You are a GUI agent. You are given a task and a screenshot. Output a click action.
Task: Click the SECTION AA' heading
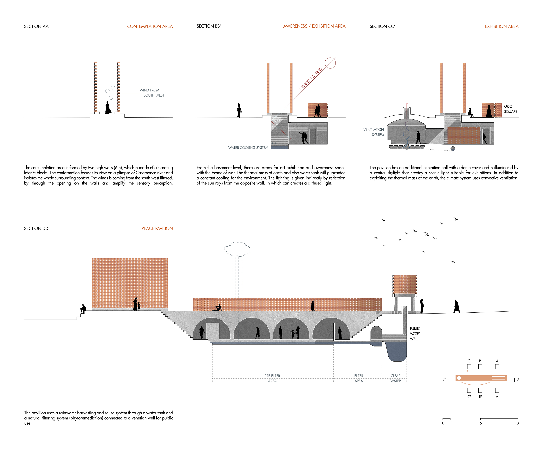(37, 26)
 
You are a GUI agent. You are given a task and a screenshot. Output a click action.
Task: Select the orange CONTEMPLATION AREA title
(150, 26)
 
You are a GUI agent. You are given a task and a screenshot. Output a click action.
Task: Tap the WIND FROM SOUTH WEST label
(152, 93)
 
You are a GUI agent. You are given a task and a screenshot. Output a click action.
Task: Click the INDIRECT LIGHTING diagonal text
(311, 79)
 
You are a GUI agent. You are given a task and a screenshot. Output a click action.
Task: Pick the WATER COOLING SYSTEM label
(248, 148)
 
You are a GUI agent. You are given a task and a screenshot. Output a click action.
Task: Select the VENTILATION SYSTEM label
(374, 132)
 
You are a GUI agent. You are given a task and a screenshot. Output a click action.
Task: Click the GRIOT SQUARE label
(510, 109)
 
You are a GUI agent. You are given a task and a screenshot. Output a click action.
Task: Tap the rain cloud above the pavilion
(237, 249)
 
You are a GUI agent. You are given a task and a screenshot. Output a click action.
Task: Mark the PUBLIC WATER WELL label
(415, 334)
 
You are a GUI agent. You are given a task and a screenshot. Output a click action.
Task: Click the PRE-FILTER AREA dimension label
(272, 378)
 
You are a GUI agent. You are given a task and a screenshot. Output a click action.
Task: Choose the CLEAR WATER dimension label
(395, 378)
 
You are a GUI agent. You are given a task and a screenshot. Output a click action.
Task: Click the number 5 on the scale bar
(481, 423)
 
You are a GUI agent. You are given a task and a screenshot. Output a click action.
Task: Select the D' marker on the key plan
(444, 379)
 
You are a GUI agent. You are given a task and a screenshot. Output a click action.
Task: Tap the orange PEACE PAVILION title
(157, 228)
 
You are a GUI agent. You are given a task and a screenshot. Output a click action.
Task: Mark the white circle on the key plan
(459, 378)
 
